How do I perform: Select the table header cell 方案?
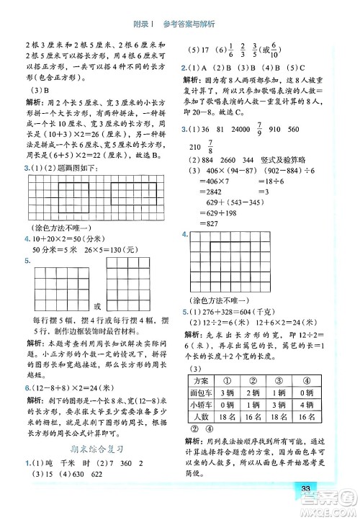pyautogui.click(x=201, y=381)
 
